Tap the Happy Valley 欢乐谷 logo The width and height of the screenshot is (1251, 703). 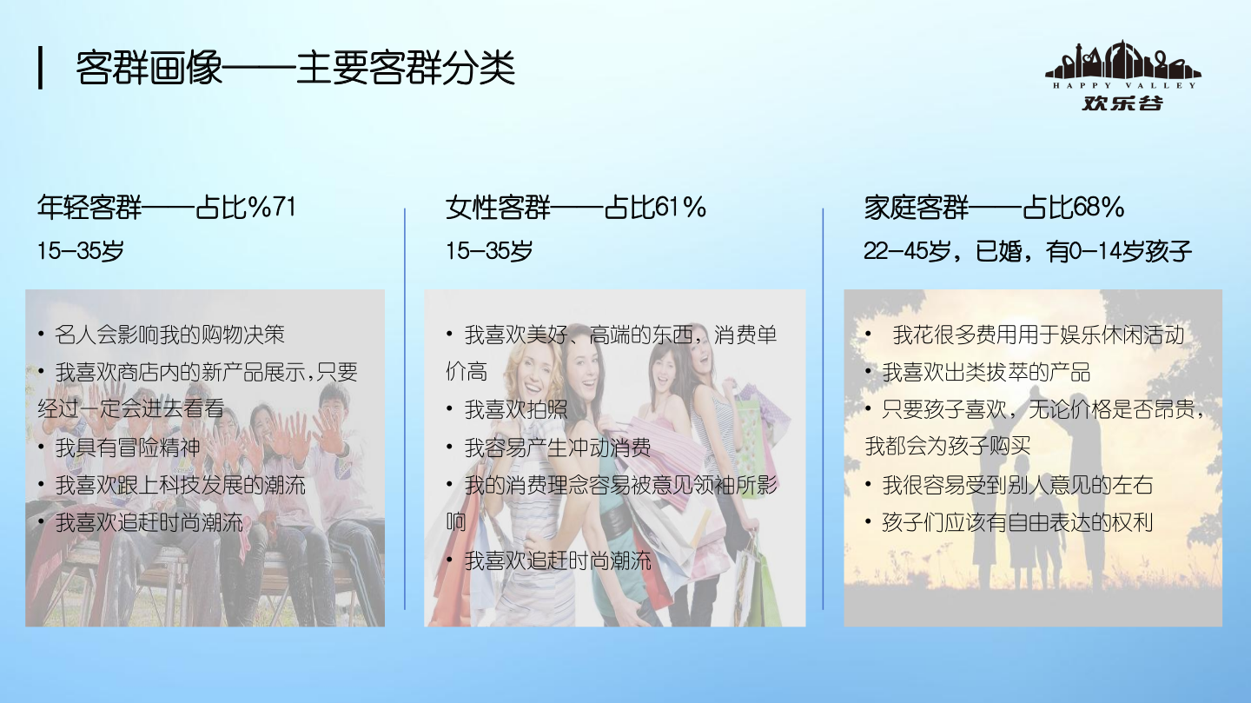tap(1122, 76)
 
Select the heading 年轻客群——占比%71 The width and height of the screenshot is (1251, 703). tap(167, 208)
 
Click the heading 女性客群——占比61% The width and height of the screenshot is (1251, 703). tap(575, 208)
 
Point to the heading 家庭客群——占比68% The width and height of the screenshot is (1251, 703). tap(994, 208)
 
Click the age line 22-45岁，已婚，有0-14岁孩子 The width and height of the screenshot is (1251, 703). tap(1027, 252)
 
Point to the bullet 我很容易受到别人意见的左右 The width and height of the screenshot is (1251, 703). tap(1017, 485)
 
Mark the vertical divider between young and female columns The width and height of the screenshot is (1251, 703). tap(405, 408)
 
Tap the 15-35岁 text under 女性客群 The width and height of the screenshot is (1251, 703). tap(488, 252)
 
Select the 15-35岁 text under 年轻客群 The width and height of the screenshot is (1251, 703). tap(81, 252)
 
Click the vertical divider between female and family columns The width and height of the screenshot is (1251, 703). tap(823, 408)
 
